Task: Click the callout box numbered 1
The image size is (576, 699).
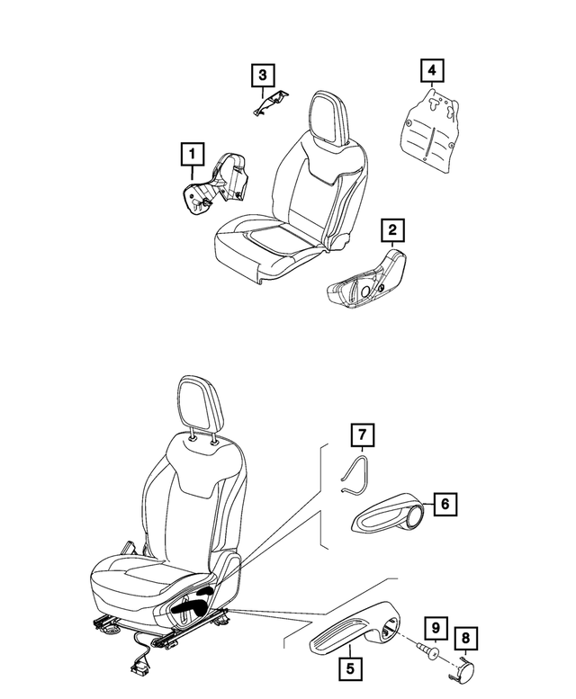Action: pyautogui.click(x=191, y=155)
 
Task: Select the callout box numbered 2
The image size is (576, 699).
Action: pyautogui.click(x=391, y=231)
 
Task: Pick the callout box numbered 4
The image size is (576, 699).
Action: pyautogui.click(x=433, y=69)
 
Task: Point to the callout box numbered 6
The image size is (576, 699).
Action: pyautogui.click(x=445, y=506)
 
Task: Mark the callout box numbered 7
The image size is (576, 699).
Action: pyautogui.click(x=360, y=437)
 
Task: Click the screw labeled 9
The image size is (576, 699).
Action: pyautogui.click(x=423, y=652)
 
